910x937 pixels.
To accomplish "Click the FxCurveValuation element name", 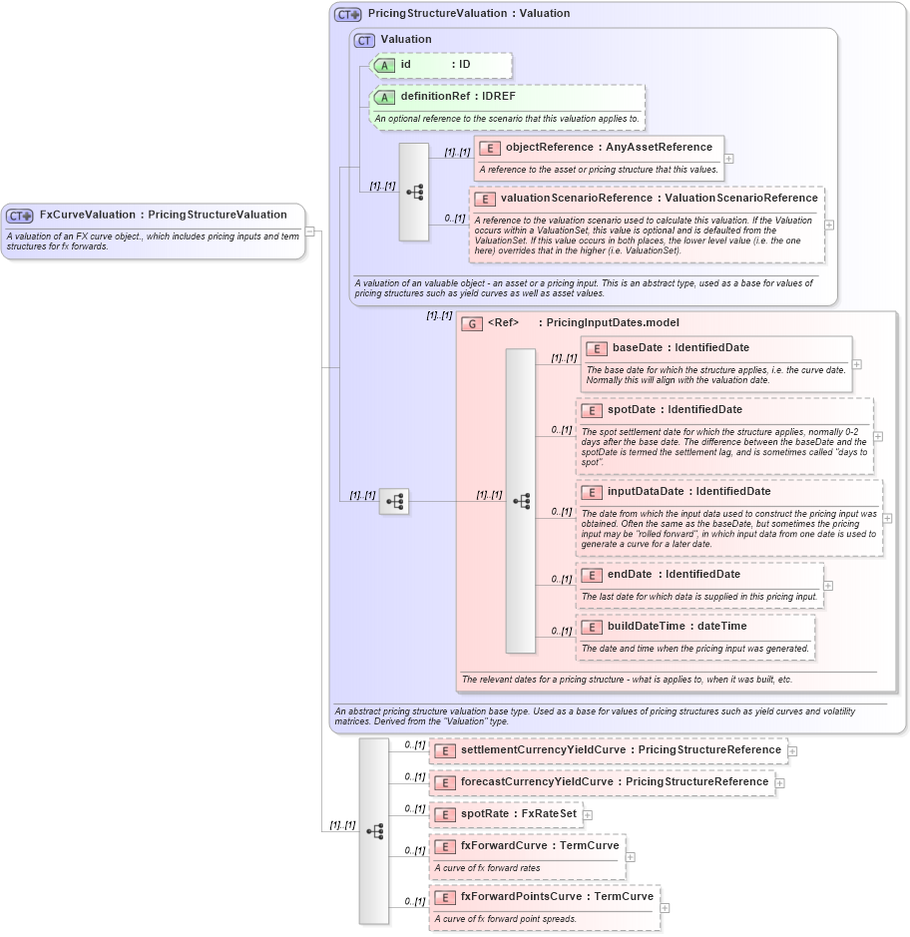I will pyautogui.click(x=86, y=215).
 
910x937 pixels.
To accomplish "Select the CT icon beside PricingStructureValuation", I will pyautogui.click(x=347, y=14).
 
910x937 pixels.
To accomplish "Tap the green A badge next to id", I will pyautogui.click(x=384, y=65).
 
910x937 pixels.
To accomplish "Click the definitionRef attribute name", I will pyautogui.click(x=435, y=97).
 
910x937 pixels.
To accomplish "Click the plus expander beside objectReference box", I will pyautogui.click(x=729, y=158).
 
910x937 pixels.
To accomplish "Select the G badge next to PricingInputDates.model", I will pyautogui.click(x=472, y=323).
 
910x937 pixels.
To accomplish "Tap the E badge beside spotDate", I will pyautogui.click(x=591, y=410).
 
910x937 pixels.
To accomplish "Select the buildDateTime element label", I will pyautogui.click(x=646, y=626).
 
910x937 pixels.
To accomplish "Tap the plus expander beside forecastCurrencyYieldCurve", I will pyautogui.click(x=780, y=782).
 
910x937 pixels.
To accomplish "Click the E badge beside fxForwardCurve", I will pyautogui.click(x=444, y=846).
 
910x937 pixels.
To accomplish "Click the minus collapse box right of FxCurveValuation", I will pyautogui.click(x=310, y=232).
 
